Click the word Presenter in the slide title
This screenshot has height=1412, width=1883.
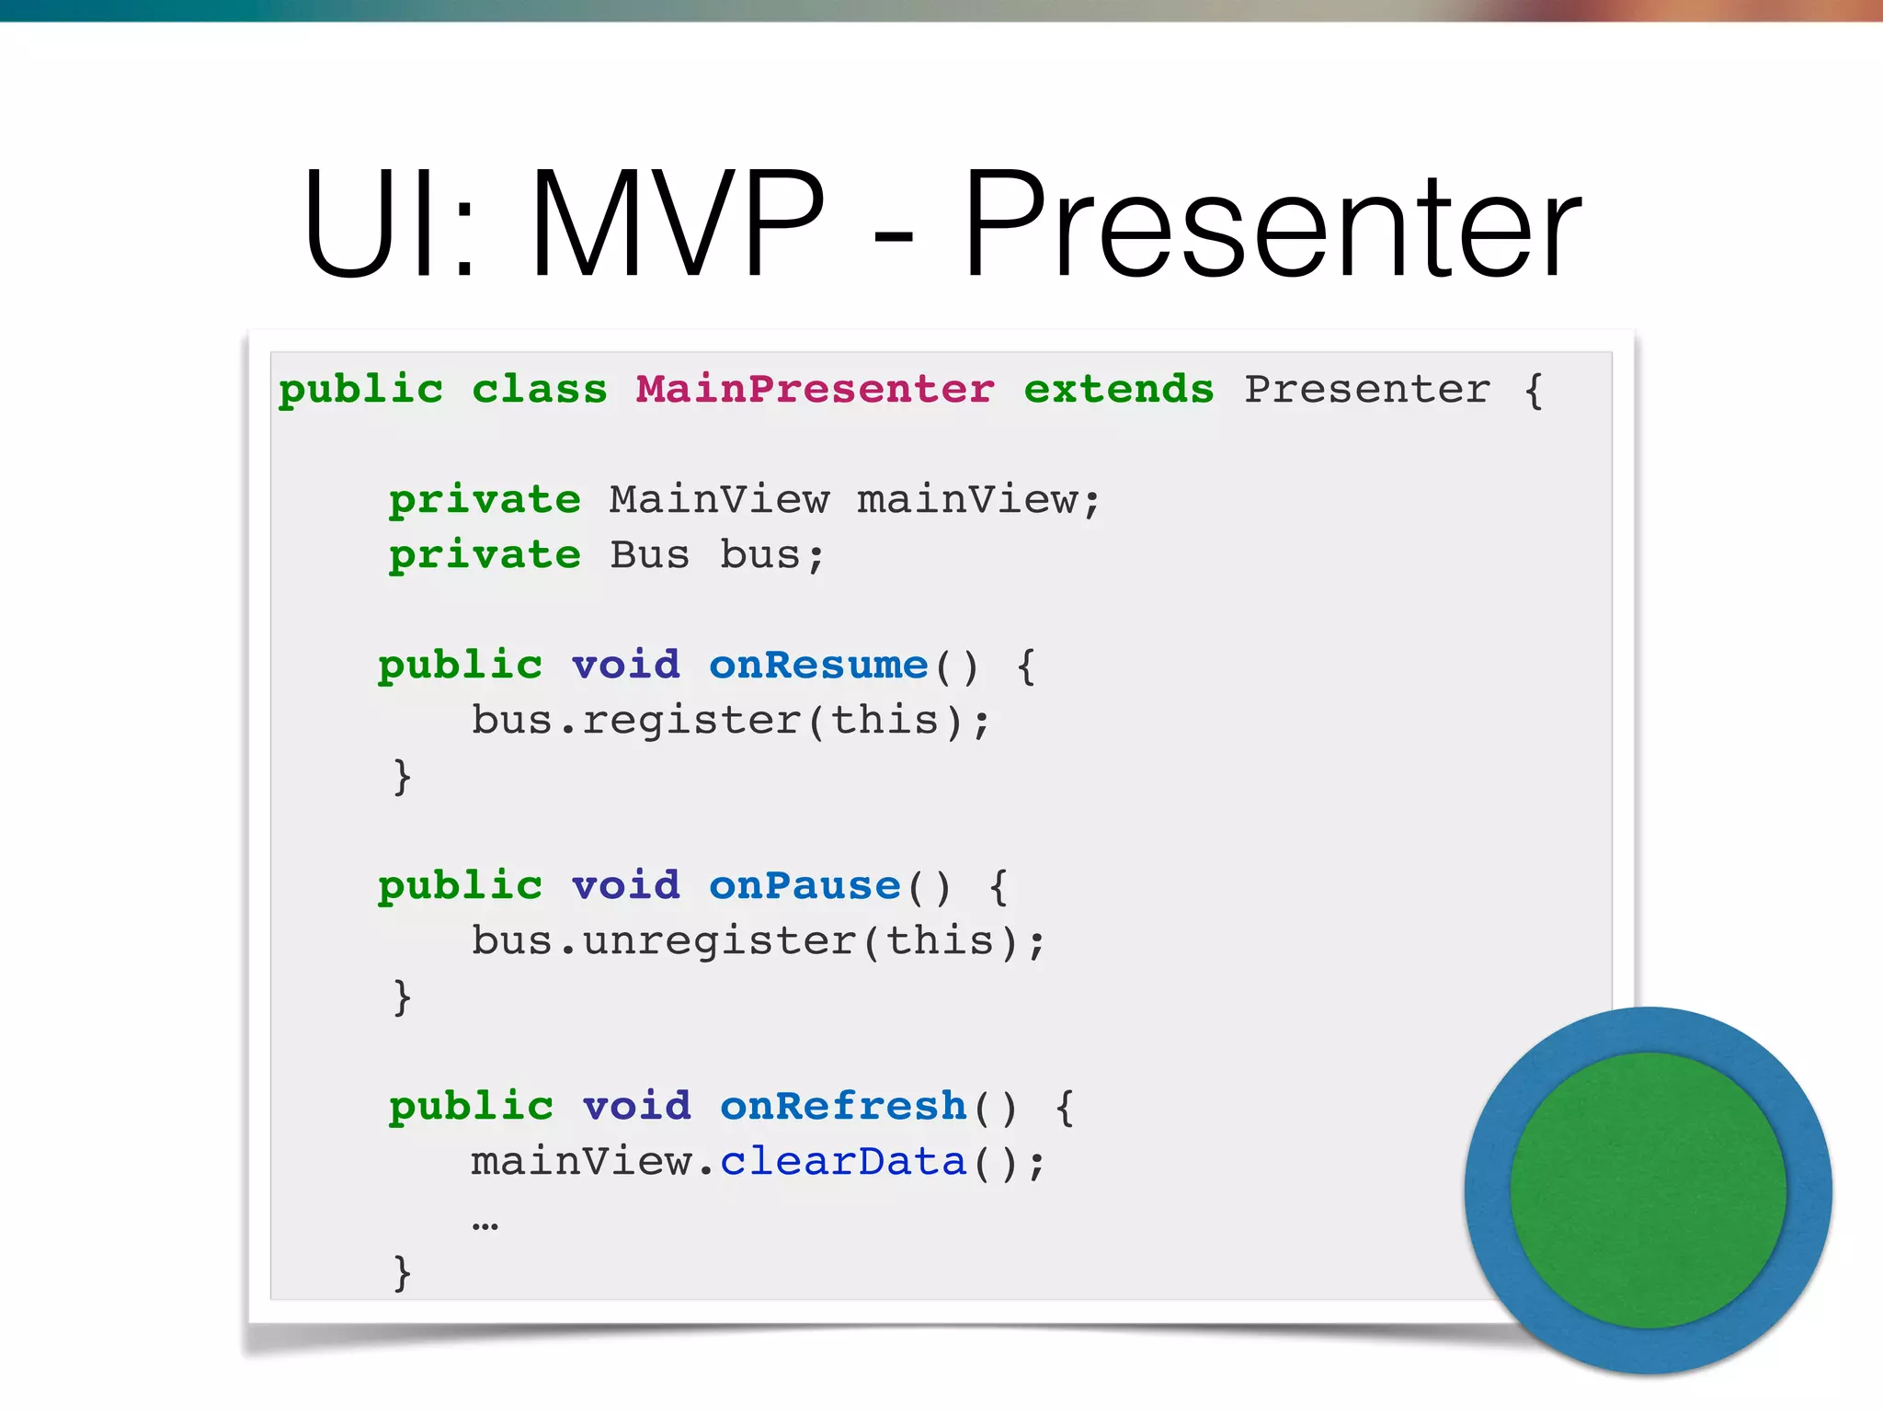tap(1272, 225)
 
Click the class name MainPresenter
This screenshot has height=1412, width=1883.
tap(815, 390)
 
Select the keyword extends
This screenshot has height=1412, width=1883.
tap(1118, 390)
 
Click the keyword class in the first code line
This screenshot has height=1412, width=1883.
tap(540, 390)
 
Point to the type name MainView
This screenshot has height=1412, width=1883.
tap(719, 500)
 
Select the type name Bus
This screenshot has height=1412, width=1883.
tap(649, 555)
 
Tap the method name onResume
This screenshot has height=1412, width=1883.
tap(818, 665)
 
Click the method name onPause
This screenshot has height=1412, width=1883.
tap(805, 885)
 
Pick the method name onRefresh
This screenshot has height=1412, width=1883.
tap(843, 1106)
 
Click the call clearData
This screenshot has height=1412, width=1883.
tap(843, 1162)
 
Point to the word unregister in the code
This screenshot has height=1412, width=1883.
tap(719, 941)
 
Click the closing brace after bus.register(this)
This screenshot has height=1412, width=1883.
tap(402, 777)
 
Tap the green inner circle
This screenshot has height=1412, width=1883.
tap(1648, 1190)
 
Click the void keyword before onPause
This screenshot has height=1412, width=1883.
tap(626, 885)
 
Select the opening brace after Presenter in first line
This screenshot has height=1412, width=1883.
tap(1533, 390)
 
